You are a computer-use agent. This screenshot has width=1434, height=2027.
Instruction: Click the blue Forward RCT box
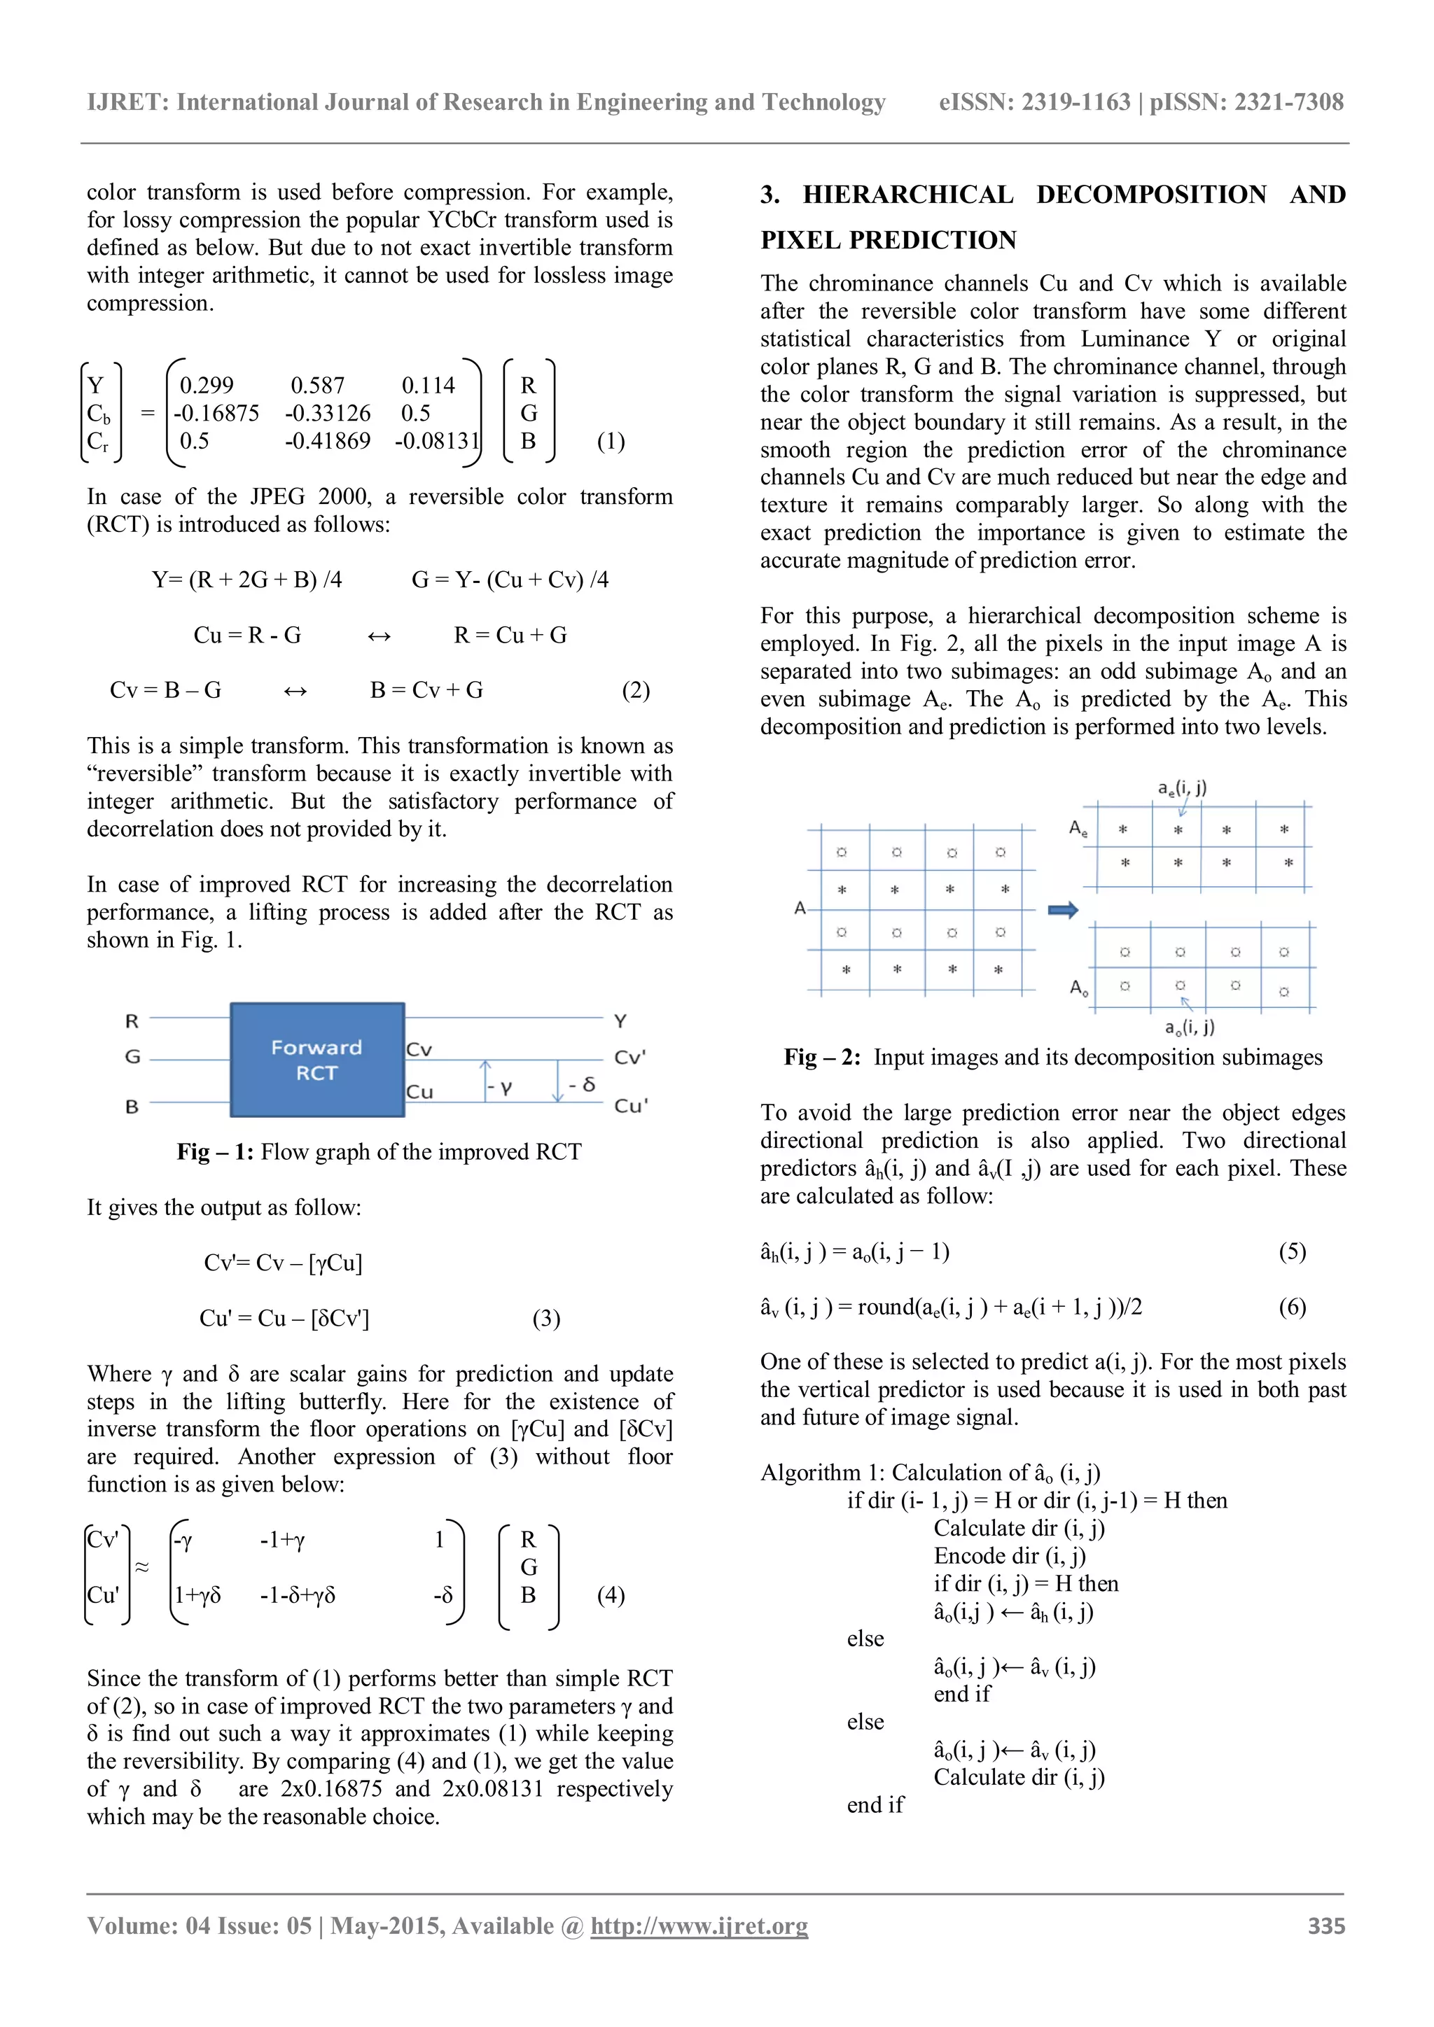point(317,1060)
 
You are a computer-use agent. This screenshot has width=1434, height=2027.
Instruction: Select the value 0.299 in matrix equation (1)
point(207,386)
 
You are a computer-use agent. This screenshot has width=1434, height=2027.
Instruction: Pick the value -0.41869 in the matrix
point(328,440)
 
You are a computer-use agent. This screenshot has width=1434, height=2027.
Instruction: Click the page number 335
point(1326,1926)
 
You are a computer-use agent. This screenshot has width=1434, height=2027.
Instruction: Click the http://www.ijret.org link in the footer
point(699,1926)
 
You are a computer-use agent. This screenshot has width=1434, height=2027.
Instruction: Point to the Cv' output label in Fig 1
point(629,1058)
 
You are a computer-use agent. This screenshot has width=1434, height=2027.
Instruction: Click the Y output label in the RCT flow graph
point(620,1020)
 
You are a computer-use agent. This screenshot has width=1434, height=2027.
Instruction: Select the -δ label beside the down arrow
point(582,1084)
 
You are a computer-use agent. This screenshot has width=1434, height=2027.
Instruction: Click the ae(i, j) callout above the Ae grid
point(1183,787)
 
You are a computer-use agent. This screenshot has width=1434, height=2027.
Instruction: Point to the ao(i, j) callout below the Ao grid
point(1190,1027)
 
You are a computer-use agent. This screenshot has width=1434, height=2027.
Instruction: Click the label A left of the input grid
point(800,908)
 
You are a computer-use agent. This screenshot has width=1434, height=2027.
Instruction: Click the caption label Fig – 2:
point(822,1057)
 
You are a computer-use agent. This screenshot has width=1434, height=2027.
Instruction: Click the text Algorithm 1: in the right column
point(822,1473)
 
